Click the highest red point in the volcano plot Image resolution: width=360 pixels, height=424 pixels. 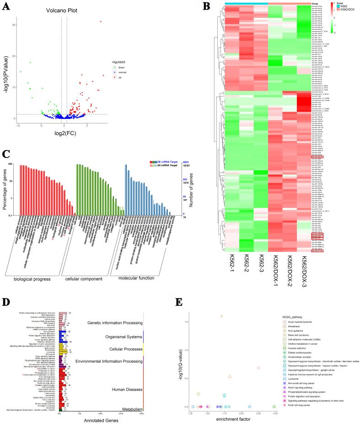101,22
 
